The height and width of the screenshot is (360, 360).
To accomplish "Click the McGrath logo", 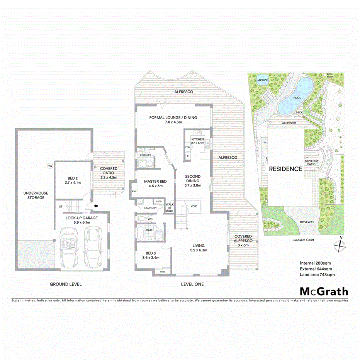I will [324, 291].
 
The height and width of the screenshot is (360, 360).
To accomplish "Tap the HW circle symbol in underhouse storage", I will [49, 166].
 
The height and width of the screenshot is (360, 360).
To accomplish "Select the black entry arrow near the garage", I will [96, 206].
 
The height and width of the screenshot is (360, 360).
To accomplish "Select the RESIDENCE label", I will [285, 169].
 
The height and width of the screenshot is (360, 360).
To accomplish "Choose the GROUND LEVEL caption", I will [66, 284].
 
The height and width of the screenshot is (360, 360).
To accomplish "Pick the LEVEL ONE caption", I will [192, 284].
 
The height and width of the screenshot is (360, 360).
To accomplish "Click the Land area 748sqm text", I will [317, 275].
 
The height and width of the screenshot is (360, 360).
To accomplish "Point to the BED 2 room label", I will [71, 178].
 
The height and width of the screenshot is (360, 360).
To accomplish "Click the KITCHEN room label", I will [197, 139].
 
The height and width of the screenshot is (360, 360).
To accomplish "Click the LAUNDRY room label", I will [150, 208].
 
